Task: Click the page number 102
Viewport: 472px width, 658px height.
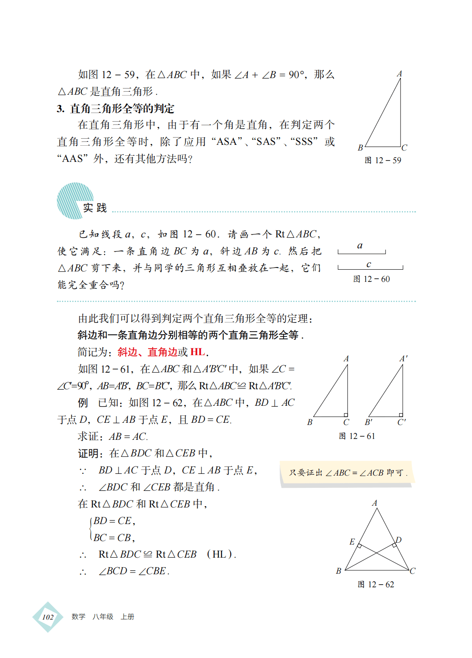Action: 48,617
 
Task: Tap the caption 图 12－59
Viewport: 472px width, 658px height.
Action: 383,161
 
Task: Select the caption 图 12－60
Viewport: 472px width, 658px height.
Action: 371,279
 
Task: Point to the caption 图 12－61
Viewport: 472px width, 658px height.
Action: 357,436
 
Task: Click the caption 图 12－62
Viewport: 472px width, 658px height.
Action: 376,585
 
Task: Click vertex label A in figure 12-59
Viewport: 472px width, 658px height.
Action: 399,74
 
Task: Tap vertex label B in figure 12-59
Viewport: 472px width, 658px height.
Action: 360,147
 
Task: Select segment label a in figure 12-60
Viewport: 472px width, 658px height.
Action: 360,246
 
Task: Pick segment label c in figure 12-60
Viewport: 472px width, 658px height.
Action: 369,264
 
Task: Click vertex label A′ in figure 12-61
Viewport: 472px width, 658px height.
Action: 404,359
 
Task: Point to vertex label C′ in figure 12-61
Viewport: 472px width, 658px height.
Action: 401,422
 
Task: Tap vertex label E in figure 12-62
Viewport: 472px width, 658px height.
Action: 352,541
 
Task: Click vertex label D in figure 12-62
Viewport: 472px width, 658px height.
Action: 398,540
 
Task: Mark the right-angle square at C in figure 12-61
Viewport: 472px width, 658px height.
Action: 345,415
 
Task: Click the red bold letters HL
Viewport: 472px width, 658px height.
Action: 198,352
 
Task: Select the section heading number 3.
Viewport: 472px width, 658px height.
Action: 61,109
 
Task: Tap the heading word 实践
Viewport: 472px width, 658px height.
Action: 95,208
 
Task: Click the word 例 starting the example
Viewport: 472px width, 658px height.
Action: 83,403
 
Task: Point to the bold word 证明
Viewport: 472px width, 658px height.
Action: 88,453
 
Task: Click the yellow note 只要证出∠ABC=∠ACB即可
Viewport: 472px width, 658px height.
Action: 347,473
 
